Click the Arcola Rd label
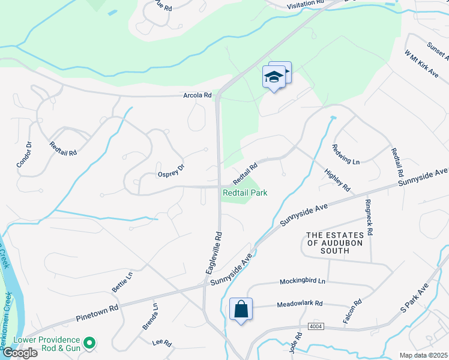(197, 95)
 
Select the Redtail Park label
(245, 193)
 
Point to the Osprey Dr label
(171, 170)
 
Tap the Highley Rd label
(337, 179)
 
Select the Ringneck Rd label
(369, 217)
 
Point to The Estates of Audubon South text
(328, 242)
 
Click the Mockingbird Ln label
(303, 281)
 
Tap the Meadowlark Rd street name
(300, 304)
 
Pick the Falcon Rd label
(352, 312)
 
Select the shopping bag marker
(241, 310)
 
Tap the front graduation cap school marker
(274, 77)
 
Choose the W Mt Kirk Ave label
(421, 63)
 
